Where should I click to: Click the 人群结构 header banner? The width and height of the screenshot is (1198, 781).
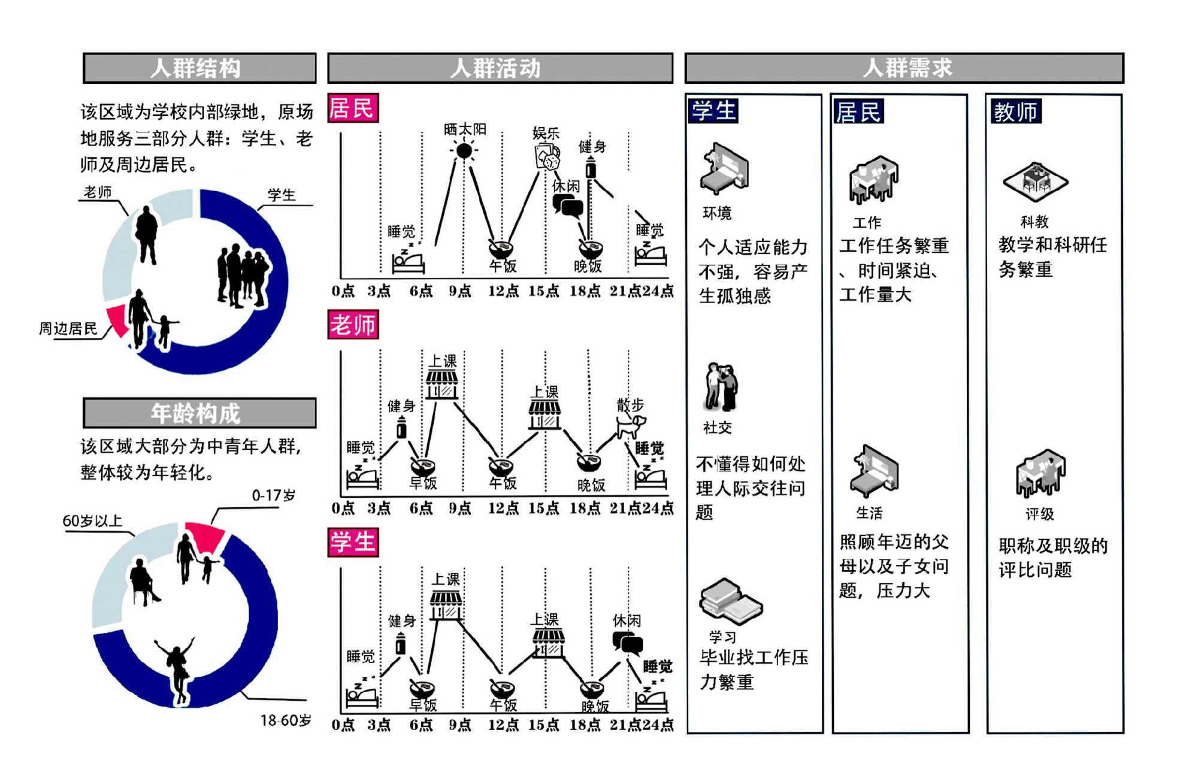[x=199, y=68]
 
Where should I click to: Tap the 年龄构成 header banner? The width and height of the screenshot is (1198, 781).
[x=199, y=413]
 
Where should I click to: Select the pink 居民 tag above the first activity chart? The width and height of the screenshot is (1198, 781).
[x=353, y=108]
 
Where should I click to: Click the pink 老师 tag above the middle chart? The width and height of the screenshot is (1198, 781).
[x=353, y=325]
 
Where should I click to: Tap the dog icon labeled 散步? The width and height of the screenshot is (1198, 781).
[x=630, y=426]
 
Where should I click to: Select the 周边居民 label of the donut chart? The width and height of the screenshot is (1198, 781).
[x=68, y=329]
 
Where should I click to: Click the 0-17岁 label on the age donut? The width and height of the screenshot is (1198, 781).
[x=273, y=496]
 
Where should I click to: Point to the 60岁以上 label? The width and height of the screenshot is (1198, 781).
[x=92, y=521]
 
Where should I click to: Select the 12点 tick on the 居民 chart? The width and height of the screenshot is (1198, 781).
[x=503, y=292]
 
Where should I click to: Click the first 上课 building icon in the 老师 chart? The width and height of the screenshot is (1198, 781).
[x=442, y=384]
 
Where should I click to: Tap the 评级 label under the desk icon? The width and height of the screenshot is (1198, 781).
[x=1039, y=514]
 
